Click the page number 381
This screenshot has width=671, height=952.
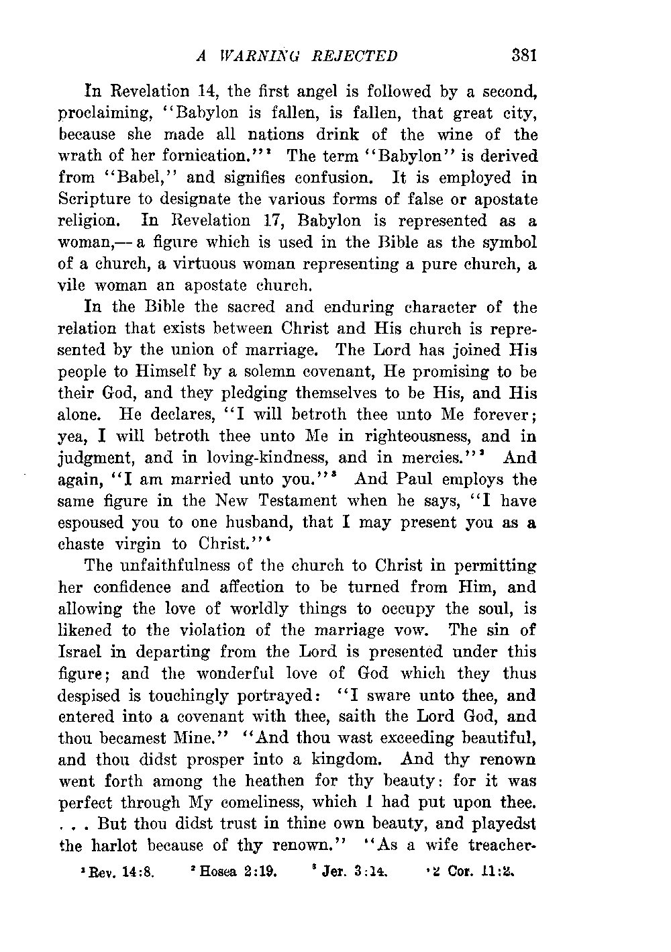pyautogui.click(x=523, y=56)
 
